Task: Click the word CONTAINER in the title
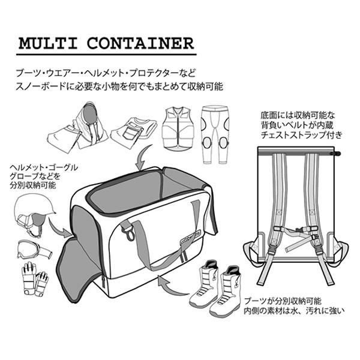pyautogui.click(x=141, y=44)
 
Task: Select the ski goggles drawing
pyautogui.click(x=30, y=248)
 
